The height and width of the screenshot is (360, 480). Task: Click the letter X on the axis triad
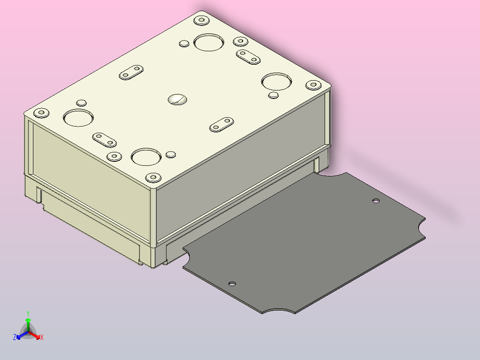click(42, 337)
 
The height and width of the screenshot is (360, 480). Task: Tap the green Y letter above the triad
click(28, 313)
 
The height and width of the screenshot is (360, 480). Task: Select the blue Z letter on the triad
click(15, 337)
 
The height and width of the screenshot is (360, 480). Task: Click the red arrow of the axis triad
click(34, 335)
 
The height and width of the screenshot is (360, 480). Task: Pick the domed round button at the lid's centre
click(177, 99)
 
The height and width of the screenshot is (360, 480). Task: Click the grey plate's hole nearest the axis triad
click(232, 284)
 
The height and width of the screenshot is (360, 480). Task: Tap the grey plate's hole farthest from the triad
click(376, 201)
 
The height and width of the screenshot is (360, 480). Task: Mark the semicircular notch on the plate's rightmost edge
click(421, 228)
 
